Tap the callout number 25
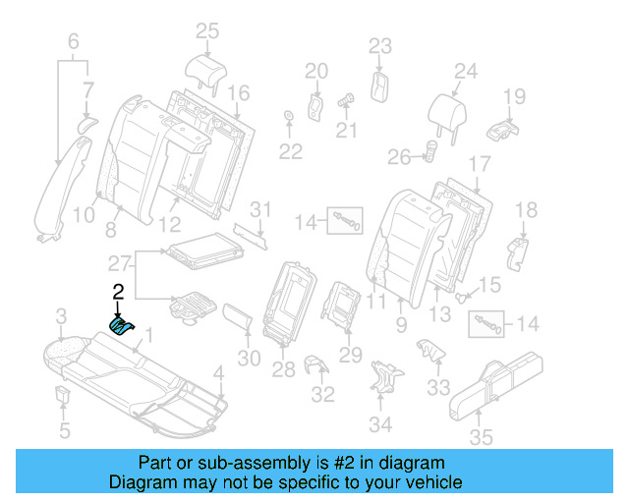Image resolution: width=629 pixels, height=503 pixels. [206, 31]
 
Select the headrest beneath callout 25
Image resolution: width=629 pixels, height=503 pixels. [206, 69]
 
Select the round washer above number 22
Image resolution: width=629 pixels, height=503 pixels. [289, 119]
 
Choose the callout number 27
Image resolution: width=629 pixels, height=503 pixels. [119, 262]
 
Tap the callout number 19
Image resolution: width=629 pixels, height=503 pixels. [515, 95]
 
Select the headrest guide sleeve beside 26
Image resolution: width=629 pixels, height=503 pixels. [429, 152]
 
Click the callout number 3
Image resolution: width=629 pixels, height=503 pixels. [61, 315]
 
